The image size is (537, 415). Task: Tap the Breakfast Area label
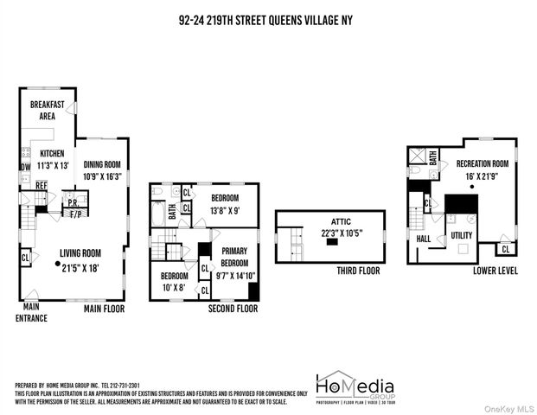pyautogui.click(x=48, y=110)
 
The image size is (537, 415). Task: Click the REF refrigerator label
pyautogui.click(x=41, y=184)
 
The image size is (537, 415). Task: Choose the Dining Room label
pyautogui.click(x=101, y=169)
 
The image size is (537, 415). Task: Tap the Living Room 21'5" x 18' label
pyautogui.click(x=80, y=259)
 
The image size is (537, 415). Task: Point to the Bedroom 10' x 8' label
pyautogui.click(x=175, y=282)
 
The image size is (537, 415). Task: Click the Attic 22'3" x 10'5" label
pyautogui.click(x=328, y=227)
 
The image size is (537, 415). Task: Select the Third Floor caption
pyautogui.click(x=358, y=271)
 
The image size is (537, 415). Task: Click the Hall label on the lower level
pyautogui.click(x=423, y=238)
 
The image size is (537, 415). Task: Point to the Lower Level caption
pyautogui.click(x=495, y=270)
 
